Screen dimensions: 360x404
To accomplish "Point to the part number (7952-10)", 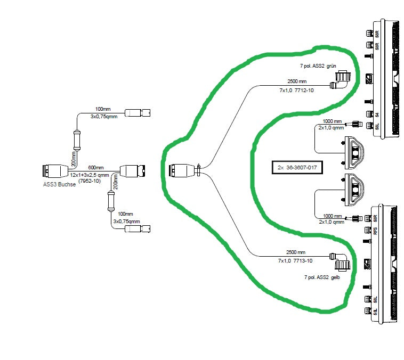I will (90, 181).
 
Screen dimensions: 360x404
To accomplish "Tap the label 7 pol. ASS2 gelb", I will (321, 277).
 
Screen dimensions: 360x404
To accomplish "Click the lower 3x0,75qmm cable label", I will (126, 221).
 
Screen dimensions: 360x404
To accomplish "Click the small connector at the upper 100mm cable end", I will (138, 113).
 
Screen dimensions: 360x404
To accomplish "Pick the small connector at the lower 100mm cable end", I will (137, 228).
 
